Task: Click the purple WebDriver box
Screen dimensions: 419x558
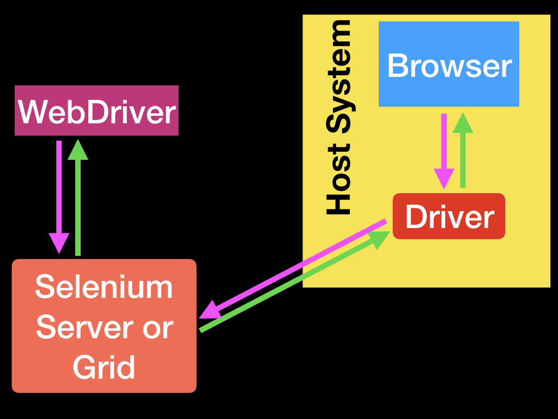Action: (x=96, y=110)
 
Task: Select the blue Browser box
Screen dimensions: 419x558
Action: (x=448, y=64)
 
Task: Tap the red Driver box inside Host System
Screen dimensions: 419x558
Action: (x=449, y=216)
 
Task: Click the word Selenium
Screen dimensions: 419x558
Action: (x=104, y=287)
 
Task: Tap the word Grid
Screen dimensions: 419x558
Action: (x=104, y=367)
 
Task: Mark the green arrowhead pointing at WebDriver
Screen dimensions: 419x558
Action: (x=78, y=150)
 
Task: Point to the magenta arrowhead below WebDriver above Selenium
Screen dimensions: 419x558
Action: (x=59, y=243)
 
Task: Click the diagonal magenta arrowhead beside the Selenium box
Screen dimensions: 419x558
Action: (x=210, y=310)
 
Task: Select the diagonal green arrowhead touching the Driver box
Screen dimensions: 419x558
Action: (x=380, y=238)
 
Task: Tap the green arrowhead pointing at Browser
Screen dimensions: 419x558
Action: (x=463, y=123)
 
